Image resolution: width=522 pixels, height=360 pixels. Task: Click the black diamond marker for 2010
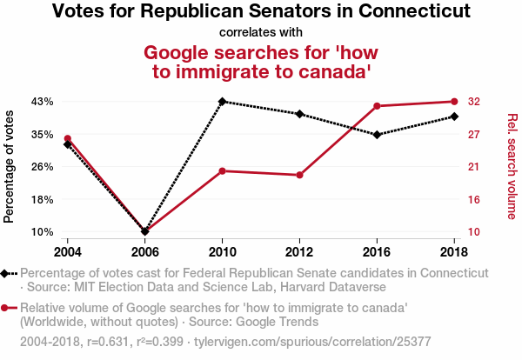(223, 102)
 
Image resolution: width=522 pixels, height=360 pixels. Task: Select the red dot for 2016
(377, 106)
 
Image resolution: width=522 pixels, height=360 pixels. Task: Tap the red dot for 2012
(299, 175)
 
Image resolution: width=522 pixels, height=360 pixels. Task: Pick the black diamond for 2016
(377, 135)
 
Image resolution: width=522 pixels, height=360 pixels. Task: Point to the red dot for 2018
(454, 102)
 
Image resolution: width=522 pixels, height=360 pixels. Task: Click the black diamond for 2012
(299, 114)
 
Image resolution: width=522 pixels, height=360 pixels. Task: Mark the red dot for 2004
(68, 138)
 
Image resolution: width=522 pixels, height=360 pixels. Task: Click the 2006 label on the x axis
(145, 251)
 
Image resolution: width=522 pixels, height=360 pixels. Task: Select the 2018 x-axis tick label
(454, 251)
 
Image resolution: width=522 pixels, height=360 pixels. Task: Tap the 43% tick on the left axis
(43, 102)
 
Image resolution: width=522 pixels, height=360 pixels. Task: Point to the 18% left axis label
(43, 199)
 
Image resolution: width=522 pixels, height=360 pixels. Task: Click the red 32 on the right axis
(475, 102)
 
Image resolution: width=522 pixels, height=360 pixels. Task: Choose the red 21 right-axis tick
(475, 167)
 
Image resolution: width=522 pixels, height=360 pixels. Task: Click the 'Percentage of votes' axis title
(10, 166)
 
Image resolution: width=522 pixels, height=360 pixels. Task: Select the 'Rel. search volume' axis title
(512, 166)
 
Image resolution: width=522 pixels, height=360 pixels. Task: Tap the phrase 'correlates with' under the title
(261, 33)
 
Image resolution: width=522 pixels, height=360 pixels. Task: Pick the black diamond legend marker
(6, 273)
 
